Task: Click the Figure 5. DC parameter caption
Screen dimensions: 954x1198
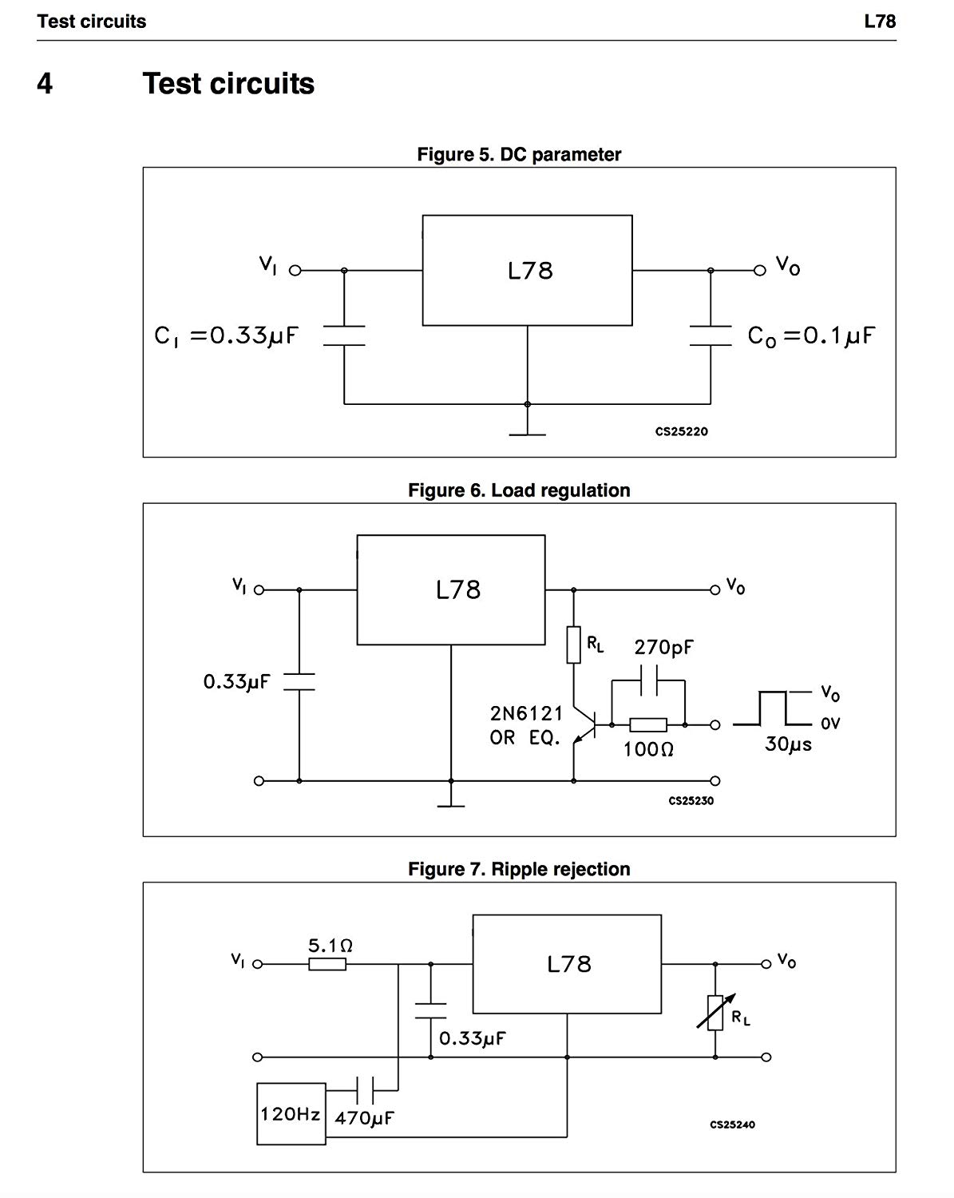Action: pos(519,154)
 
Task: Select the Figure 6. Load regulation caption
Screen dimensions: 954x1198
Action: pos(519,490)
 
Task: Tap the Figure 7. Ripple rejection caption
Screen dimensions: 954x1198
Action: pos(519,868)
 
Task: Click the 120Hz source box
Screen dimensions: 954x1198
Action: pos(291,1113)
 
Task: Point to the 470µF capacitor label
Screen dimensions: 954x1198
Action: pos(365,1117)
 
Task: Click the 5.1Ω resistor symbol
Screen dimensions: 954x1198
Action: pos(327,964)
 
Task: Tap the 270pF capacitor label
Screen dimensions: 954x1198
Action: pos(663,647)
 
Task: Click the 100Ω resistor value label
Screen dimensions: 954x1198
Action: pos(648,749)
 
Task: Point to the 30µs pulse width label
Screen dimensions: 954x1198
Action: pos(788,744)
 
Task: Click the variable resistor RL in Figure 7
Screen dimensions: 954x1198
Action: pos(716,1013)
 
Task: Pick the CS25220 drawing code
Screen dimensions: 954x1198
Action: pos(681,431)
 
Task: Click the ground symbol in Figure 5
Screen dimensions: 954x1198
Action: pos(527,434)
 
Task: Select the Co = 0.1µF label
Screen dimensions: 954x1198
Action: pos(811,335)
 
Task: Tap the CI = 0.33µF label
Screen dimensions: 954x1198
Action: pos(226,335)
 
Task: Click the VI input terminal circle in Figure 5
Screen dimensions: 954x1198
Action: pos(295,271)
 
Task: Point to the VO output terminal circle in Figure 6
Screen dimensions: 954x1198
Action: pos(715,590)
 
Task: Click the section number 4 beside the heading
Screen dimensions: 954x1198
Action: pos(45,84)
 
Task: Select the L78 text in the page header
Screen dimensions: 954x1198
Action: pos(880,21)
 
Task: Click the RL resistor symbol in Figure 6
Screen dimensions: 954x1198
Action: pos(573,645)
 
